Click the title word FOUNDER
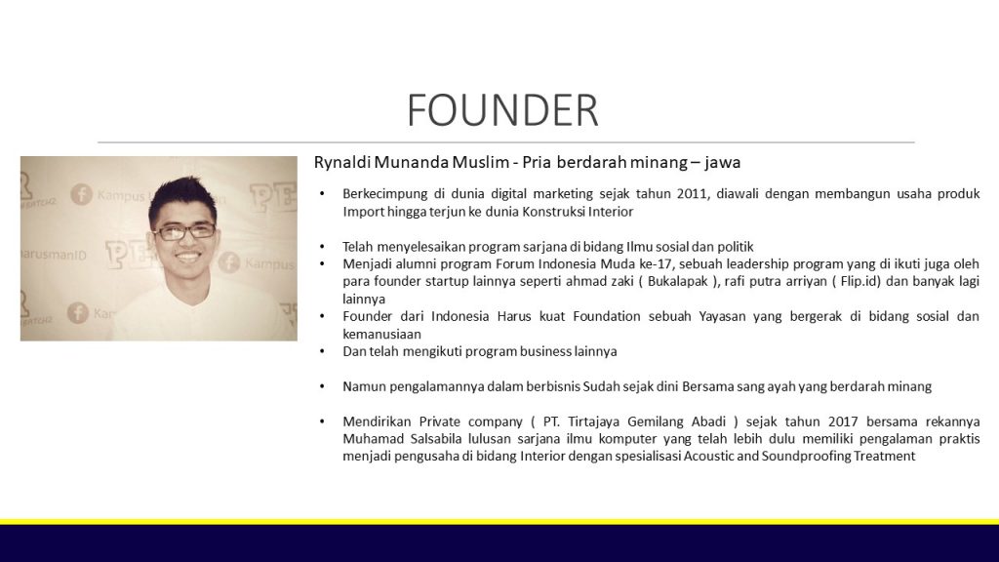pyautogui.click(x=501, y=110)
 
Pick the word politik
pyautogui.click(x=733, y=247)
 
